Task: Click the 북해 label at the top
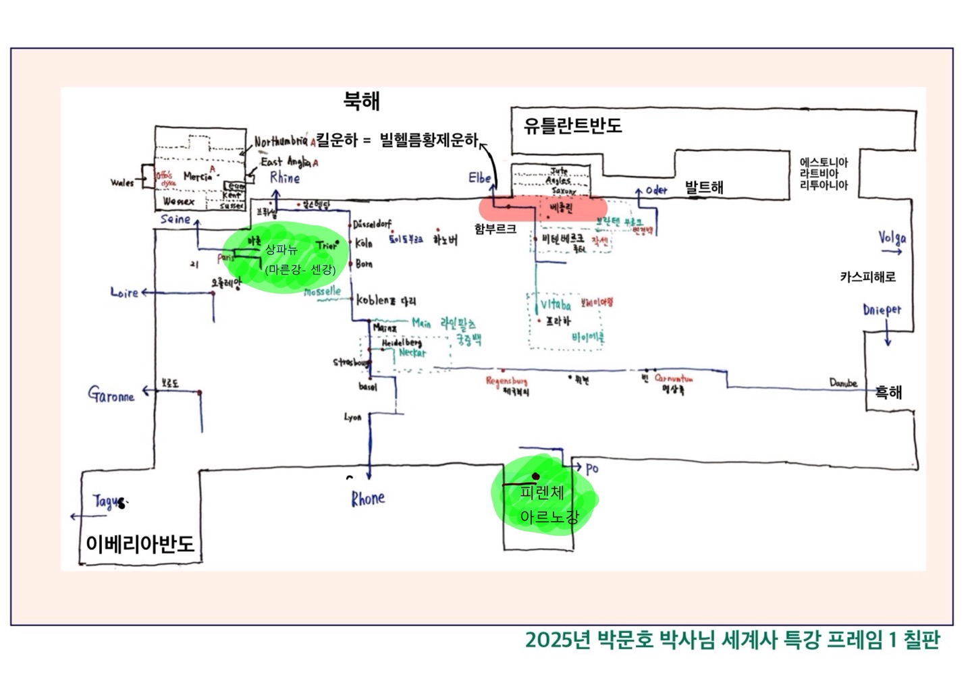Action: [362, 101]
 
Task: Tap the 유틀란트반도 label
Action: [572, 126]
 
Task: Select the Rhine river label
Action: [285, 177]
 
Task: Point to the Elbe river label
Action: [480, 178]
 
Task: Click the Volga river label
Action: [892, 238]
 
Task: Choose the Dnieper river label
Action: [882, 310]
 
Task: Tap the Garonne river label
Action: [111, 395]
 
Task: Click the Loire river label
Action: [124, 292]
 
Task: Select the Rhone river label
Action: [368, 499]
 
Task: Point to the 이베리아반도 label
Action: [140, 544]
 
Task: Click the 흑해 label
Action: [888, 392]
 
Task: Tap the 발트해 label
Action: [704, 188]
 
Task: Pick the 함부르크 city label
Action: [495, 229]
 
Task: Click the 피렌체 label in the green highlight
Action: [542, 493]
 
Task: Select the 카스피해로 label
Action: [868, 277]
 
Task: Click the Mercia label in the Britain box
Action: [198, 177]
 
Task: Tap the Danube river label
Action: [843, 383]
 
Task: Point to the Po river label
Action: [592, 468]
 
